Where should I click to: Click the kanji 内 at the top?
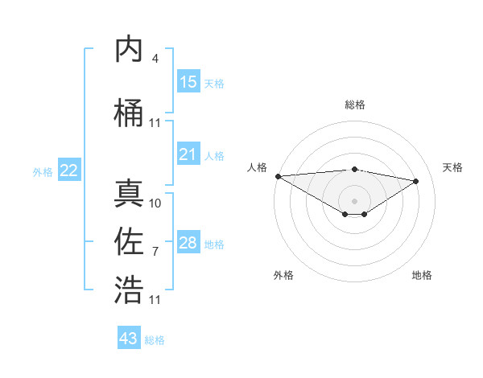coord(129,51)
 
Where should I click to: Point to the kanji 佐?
coord(129,240)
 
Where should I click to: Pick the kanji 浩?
coord(129,289)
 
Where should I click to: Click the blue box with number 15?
coord(188,82)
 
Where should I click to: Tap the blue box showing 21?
coord(188,155)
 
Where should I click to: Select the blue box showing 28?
coord(188,244)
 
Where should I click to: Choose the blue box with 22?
coord(69,171)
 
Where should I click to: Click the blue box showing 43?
coord(129,339)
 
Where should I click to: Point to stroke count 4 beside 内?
coord(155,59)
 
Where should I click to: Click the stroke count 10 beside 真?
coord(155,203)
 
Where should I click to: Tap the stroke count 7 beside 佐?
coord(155,252)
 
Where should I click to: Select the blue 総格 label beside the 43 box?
coord(155,340)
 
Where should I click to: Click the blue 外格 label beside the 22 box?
coord(43,171)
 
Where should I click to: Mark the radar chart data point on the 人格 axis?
coord(278,176)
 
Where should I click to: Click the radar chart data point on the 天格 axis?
coord(416,180)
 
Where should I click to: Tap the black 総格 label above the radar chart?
coord(354,105)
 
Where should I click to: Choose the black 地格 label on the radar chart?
coord(422,275)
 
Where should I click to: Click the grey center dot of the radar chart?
coord(354,199)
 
